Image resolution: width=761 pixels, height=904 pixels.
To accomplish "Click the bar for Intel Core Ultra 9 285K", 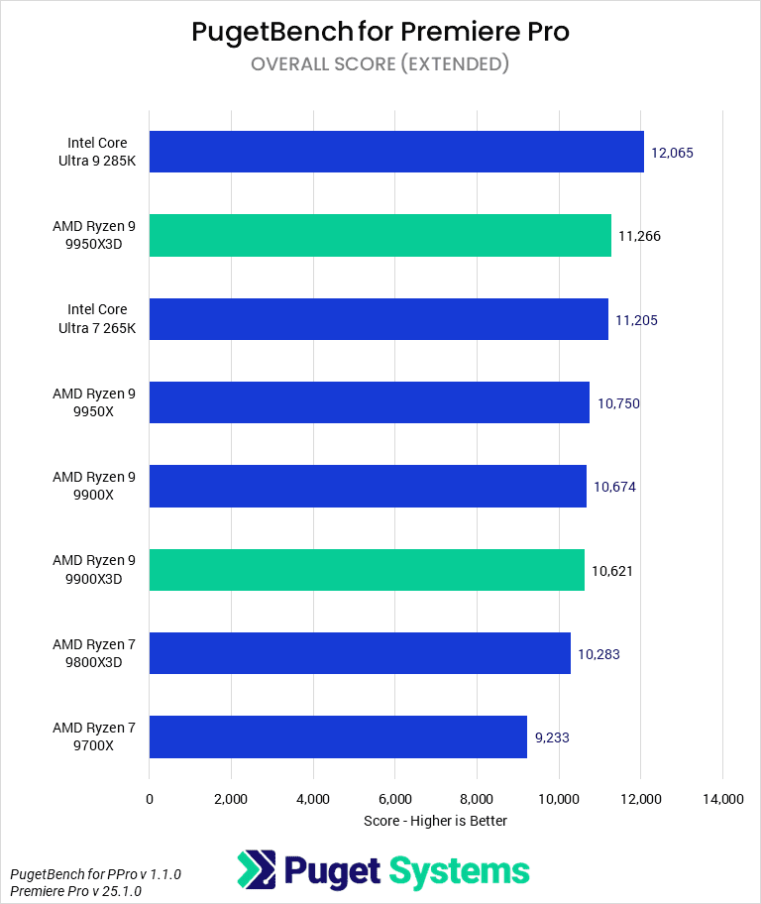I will point(396,152).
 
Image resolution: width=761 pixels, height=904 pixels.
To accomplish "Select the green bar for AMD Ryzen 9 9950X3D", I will point(380,235).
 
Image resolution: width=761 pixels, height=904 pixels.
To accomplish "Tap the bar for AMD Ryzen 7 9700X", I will point(338,736).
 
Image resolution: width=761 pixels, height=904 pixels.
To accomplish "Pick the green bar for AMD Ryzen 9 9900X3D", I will point(367,570).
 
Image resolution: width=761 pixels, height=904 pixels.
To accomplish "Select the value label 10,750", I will point(618,403).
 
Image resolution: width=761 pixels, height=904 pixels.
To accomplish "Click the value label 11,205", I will point(637,319).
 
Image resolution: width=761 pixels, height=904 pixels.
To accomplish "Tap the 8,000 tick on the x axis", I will point(477,799).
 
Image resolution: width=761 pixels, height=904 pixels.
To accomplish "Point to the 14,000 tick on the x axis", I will point(722,799).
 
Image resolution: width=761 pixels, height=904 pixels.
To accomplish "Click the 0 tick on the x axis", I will point(150,799).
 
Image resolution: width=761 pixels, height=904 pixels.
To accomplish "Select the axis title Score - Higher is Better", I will point(435,821).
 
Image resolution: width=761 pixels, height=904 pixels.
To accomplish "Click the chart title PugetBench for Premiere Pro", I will point(380,32).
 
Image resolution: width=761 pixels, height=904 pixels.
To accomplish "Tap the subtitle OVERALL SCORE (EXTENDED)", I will point(380,64).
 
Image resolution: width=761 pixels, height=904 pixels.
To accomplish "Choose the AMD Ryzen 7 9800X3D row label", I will point(95,653).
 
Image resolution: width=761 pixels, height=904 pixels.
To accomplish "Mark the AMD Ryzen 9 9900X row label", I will point(95,486).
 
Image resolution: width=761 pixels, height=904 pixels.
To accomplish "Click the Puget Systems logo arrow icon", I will point(256,869).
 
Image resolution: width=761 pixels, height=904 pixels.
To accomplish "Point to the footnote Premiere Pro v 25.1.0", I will point(76,891).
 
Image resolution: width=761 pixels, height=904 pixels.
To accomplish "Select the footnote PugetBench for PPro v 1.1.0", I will point(95,874).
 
